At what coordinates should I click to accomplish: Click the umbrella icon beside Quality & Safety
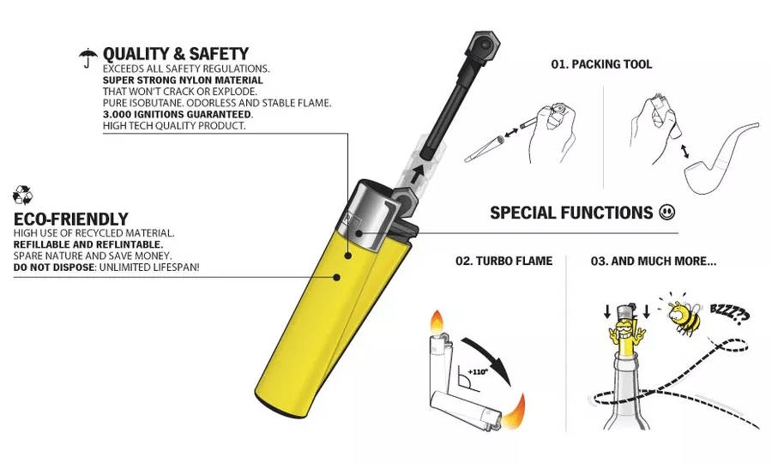[x=87, y=57]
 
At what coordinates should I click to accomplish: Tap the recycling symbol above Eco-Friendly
[x=22, y=195]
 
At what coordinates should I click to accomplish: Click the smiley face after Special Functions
[x=667, y=213]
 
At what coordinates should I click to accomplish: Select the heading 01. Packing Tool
[x=601, y=64]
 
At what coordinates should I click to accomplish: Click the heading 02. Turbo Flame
[x=504, y=261]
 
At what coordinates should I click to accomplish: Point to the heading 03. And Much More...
[x=654, y=261]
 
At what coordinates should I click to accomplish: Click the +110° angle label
[x=477, y=372]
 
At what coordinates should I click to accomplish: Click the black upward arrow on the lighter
[x=418, y=174]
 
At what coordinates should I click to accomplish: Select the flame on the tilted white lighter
[x=514, y=411]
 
